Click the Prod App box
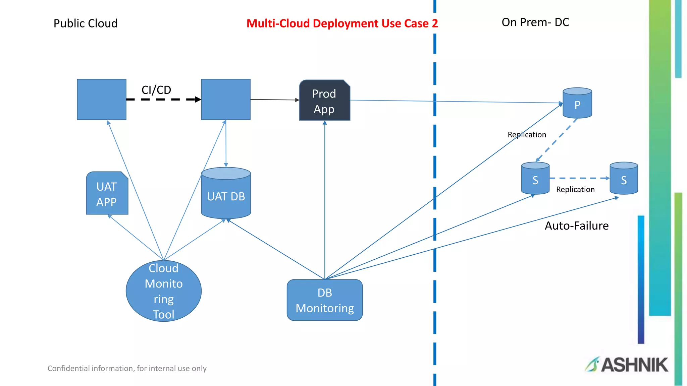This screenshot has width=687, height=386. [324, 101]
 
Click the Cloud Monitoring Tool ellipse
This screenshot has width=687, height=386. [164, 291]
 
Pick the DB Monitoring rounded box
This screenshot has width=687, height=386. [325, 300]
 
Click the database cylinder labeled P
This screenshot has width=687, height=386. [577, 104]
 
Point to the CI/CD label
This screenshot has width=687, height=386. [156, 90]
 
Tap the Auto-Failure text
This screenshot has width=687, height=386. [576, 226]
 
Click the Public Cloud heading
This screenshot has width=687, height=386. [86, 23]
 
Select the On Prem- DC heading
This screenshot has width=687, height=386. [535, 22]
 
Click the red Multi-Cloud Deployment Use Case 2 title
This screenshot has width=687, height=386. [342, 23]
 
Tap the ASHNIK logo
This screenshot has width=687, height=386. [627, 365]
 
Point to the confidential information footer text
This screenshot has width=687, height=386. [127, 369]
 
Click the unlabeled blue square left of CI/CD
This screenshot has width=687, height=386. [102, 100]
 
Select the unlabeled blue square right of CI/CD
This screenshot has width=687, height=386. [226, 100]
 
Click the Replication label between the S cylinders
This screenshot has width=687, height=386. [575, 190]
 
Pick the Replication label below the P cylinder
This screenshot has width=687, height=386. [527, 135]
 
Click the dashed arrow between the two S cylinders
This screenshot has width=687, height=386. [579, 178]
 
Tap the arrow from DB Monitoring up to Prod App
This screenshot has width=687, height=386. [325, 201]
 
